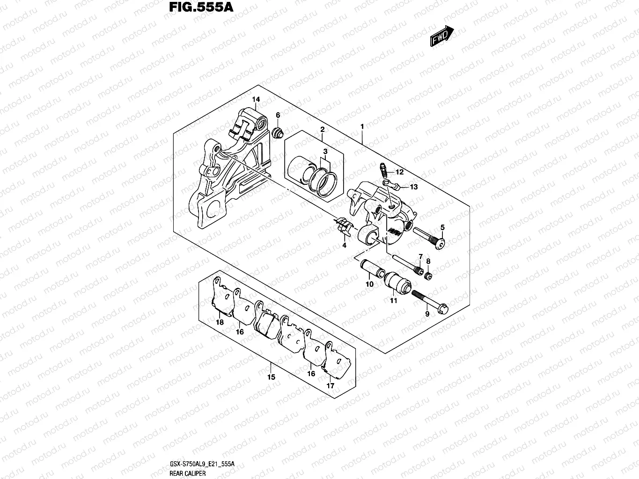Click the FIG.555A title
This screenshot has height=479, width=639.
pyautogui.click(x=197, y=8)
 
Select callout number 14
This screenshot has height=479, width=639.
pyautogui.click(x=256, y=100)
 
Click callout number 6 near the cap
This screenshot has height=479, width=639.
pyautogui.click(x=278, y=115)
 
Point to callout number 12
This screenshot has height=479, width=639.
pyautogui.click(x=399, y=172)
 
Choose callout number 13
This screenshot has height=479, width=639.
pyautogui.click(x=414, y=187)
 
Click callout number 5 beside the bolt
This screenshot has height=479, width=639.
pyautogui.click(x=442, y=228)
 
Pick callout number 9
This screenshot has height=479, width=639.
pyautogui.click(x=427, y=314)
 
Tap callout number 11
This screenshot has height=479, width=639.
pyautogui.click(x=394, y=300)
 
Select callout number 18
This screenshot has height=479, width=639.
pyautogui.click(x=220, y=322)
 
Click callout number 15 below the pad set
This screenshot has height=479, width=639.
pyautogui.click(x=271, y=377)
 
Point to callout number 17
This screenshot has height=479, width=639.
pyautogui.click(x=331, y=386)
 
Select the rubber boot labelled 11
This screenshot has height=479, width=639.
pyautogui.click(x=397, y=282)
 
